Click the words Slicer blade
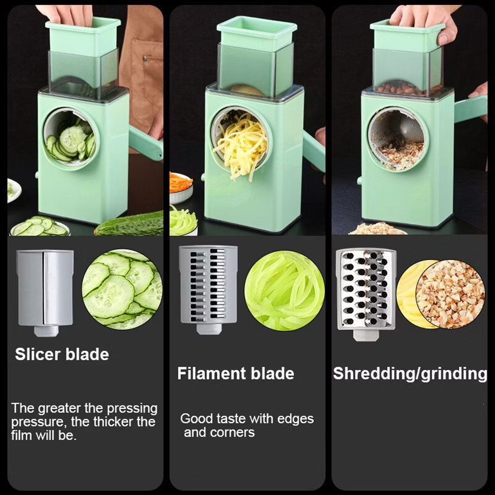click(62, 354)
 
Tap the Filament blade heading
click(235, 374)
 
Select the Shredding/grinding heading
click(410, 374)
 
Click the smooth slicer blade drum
click(45, 292)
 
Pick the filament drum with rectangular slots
click(208, 289)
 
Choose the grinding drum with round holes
click(365, 293)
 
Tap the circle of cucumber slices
click(122, 290)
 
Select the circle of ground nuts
click(450, 294)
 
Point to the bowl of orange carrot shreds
click(181, 187)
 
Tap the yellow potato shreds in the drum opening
click(240, 146)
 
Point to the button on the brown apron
click(145, 58)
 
